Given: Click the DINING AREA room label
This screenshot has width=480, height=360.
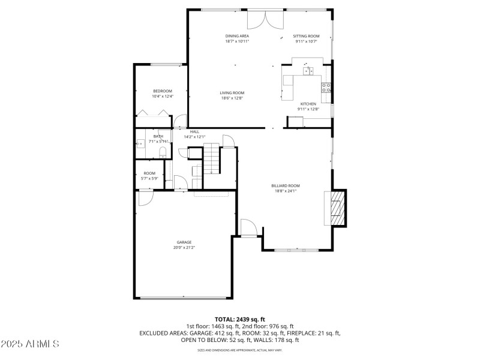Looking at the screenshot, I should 237,36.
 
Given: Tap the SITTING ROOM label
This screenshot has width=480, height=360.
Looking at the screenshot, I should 306,36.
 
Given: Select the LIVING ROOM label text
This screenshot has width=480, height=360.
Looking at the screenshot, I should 232,92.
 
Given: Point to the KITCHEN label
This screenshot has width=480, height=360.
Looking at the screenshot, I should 308,104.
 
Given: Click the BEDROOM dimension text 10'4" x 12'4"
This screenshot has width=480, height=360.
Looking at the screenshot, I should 162,96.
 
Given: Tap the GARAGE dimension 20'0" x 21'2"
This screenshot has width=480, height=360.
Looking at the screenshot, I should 184,247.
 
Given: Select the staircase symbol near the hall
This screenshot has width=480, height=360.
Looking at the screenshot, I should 213,160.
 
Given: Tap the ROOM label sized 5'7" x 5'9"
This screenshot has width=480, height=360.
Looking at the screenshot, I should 149,173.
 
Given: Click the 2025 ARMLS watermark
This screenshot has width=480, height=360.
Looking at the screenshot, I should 30,344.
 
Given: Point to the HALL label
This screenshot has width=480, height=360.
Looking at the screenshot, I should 194,131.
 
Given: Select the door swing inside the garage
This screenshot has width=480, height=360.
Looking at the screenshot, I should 146,197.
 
